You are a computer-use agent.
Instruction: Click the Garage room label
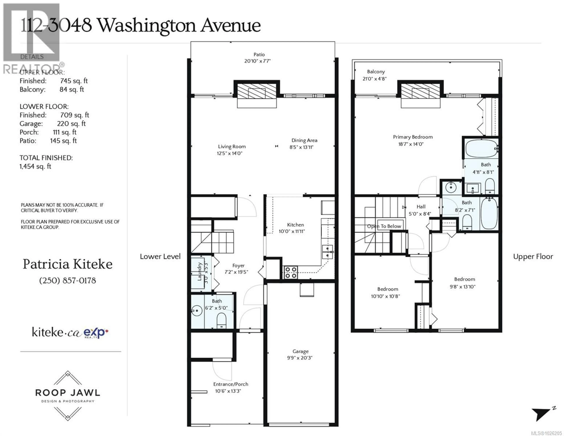click(x=300, y=351)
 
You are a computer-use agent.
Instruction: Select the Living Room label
click(x=232, y=147)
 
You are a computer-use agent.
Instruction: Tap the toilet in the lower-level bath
click(x=221, y=320)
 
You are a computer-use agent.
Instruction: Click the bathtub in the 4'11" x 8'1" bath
click(x=481, y=148)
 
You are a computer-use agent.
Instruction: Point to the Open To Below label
click(x=384, y=226)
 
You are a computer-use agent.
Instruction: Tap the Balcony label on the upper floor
click(x=376, y=72)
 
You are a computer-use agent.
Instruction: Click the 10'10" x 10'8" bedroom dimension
click(x=385, y=296)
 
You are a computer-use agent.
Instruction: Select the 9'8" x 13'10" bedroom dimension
click(x=463, y=287)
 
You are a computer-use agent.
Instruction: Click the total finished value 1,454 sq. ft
click(x=35, y=166)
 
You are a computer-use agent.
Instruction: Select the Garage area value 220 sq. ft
click(x=71, y=124)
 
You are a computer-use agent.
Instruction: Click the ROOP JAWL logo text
click(x=68, y=393)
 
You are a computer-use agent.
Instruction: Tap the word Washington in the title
click(x=147, y=26)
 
